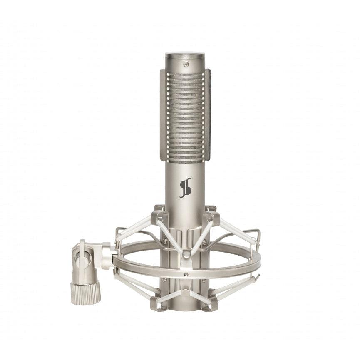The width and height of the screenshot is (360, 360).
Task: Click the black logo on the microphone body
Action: point(185,187)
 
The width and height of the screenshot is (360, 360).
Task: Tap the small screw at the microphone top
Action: point(185,64)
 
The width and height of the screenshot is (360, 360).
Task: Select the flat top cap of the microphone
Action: point(185,55)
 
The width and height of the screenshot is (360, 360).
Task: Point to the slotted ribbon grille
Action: point(185,114)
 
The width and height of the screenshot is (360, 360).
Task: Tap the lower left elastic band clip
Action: point(159,303)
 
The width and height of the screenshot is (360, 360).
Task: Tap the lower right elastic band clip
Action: point(211,303)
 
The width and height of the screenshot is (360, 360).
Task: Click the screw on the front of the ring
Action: point(186,274)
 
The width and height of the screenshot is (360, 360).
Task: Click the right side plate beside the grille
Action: point(208,114)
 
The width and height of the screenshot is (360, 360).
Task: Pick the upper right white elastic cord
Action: point(235,229)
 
